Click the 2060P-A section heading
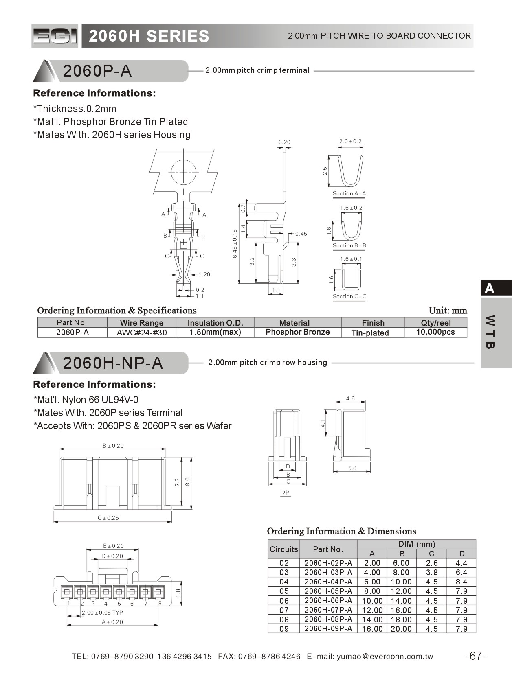[97, 71]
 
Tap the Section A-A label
[349, 194]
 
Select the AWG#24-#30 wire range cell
[142, 333]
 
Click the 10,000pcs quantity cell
[435, 332]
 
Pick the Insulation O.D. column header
[215, 323]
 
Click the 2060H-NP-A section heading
[113, 363]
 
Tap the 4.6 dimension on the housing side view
[350, 399]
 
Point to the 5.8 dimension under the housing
[352, 468]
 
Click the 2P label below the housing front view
[286, 493]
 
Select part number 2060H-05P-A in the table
[328, 591]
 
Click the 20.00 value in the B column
[401, 629]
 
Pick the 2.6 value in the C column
[432, 563]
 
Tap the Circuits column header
[284, 549]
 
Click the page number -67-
[476, 656]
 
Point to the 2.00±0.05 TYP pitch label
[102, 613]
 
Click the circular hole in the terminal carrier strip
[184, 172]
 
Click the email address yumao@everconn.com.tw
[385, 657]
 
